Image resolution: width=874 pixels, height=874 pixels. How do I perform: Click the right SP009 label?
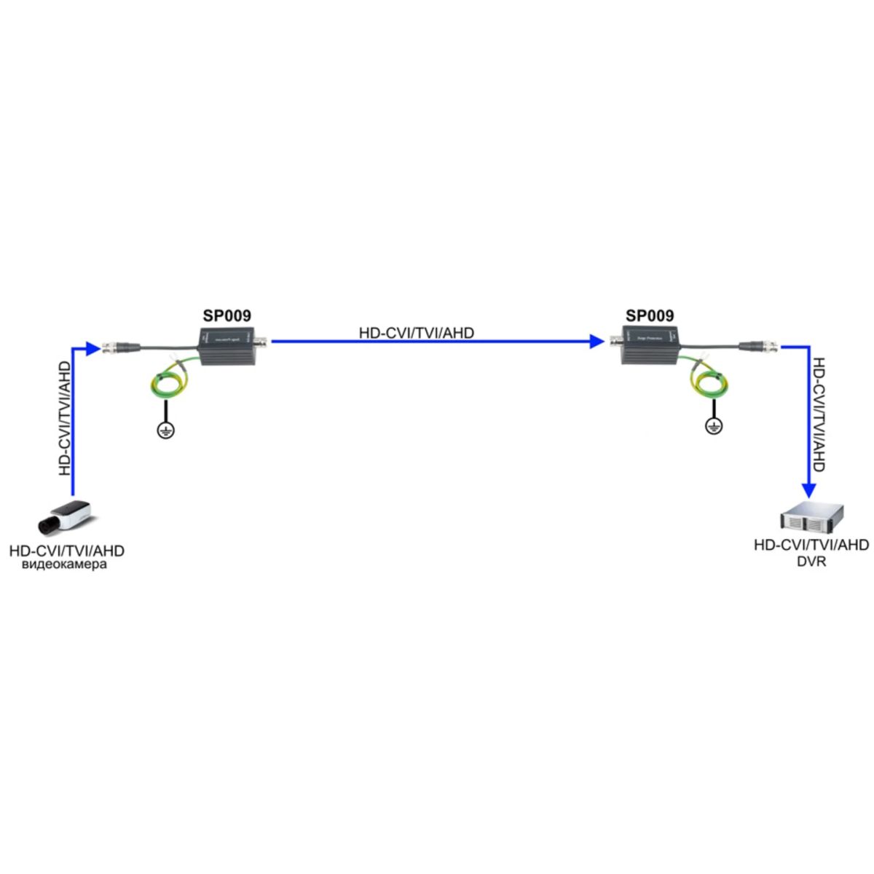pos(650,316)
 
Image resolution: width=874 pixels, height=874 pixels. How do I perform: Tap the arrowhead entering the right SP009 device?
pos(596,340)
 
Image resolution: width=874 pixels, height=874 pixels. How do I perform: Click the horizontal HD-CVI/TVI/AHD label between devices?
pos(417,333)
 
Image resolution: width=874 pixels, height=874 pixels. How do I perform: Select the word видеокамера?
pos(64,564)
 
